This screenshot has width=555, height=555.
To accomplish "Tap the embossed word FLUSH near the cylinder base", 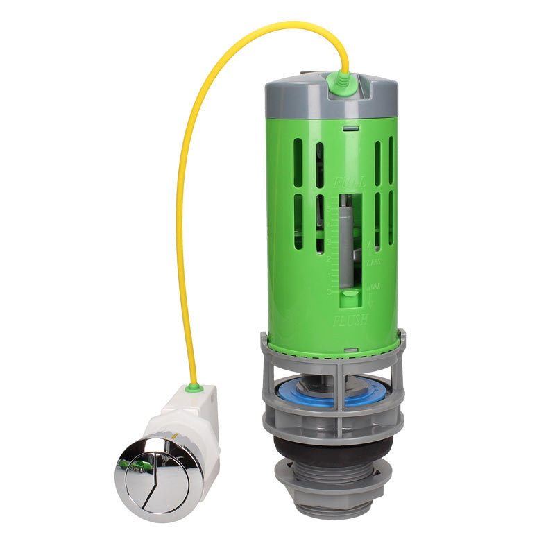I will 350,321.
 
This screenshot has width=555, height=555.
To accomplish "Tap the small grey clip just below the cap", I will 351,128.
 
